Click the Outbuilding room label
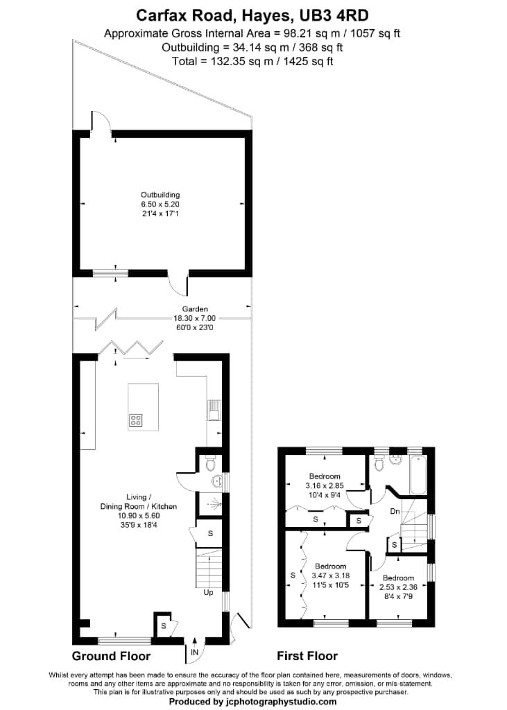click(160, 195)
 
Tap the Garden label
click(195, 309)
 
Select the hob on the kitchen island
click(135, 419)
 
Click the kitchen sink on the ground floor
click(214, 415)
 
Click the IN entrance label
click(195, 652)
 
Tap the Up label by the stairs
click(208, 593)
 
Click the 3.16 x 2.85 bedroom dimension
click(325, 486)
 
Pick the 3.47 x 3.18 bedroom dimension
click(329, 576)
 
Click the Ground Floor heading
click(111, 656)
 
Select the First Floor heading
click(307, 656)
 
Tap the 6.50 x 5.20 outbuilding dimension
click(160, 205)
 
